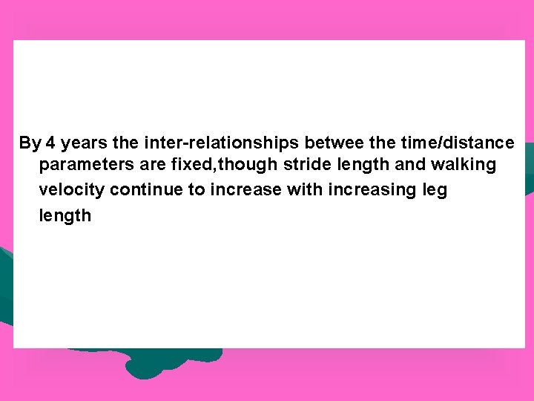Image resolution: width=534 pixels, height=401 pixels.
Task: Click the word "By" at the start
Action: click(30, 142)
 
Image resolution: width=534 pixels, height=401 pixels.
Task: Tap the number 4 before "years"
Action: click(50, 142)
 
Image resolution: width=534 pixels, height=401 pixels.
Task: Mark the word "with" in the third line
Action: click(305, 190)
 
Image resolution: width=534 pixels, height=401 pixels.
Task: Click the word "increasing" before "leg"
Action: click(372, 190)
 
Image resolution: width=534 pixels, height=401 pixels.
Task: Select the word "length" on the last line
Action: click(65, 216)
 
